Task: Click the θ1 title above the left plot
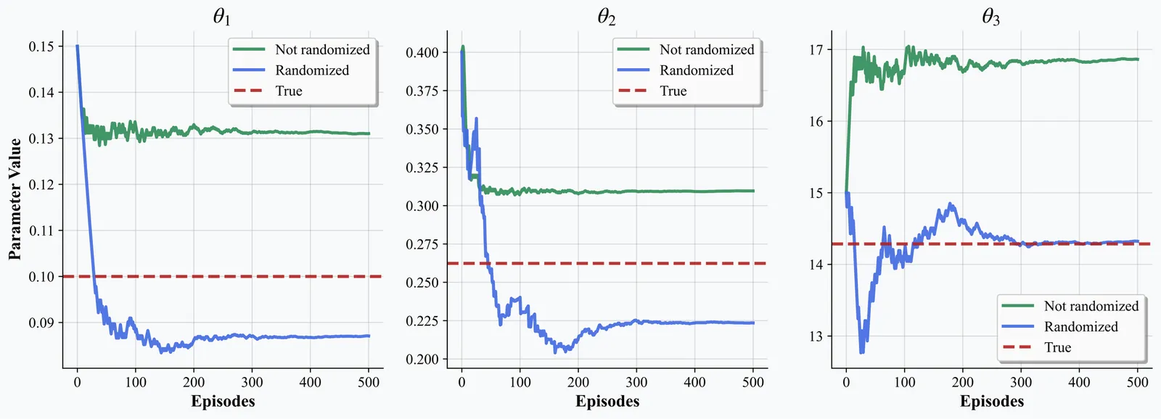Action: tap(222, 17)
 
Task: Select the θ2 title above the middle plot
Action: tap(607, 17)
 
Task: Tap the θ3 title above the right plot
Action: tap(991, 17)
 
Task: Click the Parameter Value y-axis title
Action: tap(15, 199)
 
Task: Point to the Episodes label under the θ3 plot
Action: tap(992, 402)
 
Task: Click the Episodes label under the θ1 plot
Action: tap(223, 402)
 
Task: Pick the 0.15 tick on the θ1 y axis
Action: tap(41, 46)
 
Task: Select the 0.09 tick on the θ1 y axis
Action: tap(41, 323)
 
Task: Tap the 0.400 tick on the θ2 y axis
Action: tap(422, 52)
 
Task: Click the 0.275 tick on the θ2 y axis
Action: tap(422, 244)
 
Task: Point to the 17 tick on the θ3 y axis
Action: tap(816, 50)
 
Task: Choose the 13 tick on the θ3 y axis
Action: tap(816, 336)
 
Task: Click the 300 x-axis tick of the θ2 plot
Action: tap(636, 382)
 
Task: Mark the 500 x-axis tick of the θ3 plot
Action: tap(1138, 382)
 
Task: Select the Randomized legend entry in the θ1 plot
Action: tap(312, 70)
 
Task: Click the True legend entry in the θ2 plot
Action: tap(673, 91)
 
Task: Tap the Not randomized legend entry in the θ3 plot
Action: tap(1091, 306)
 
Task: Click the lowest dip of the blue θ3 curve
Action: tap(862, 352)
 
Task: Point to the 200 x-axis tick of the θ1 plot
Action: tap(194, 382)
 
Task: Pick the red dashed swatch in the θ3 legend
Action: tap(1017, 347)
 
